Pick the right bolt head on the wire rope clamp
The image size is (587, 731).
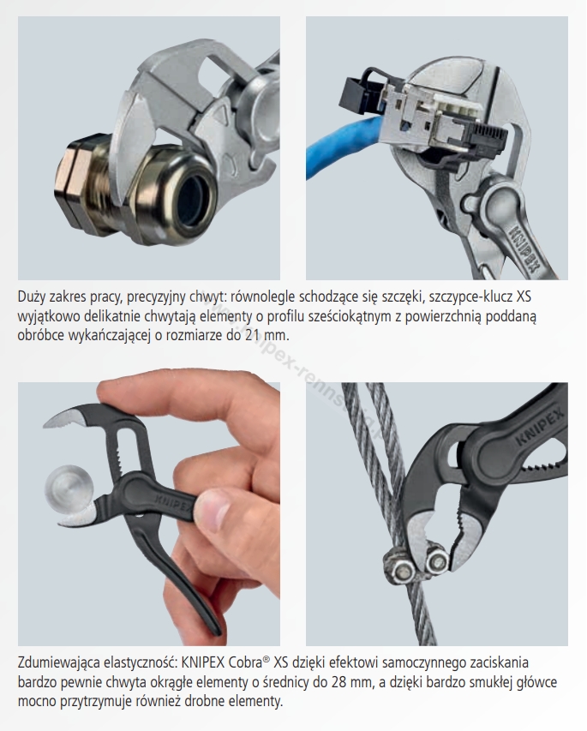coord(437,561)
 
